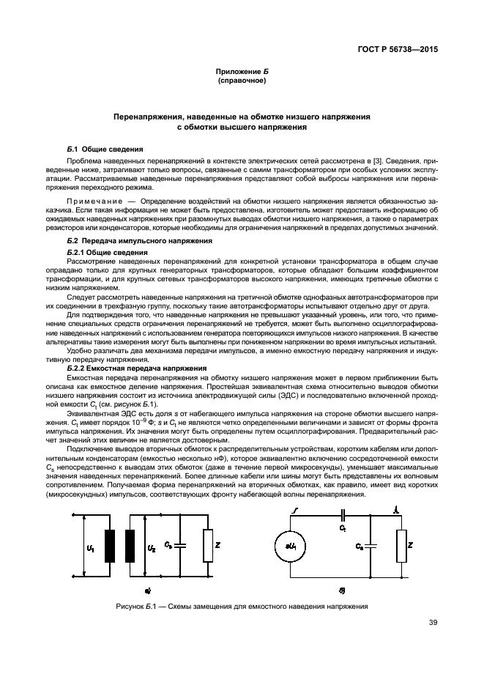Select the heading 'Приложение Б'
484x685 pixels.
242,71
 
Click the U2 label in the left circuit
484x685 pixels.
151,547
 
